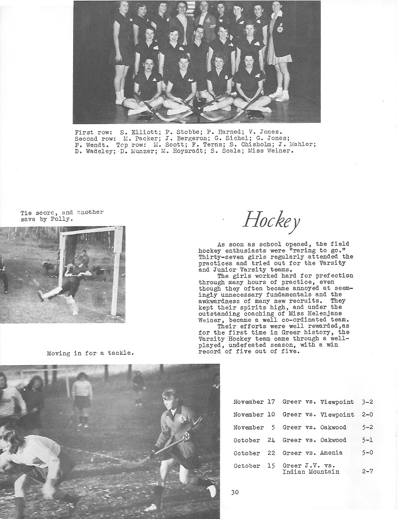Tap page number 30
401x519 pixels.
coord(235,493)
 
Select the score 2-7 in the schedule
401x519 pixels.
coord(367,471)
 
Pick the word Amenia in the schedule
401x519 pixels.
coord(332,452)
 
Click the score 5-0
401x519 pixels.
coord(367,452)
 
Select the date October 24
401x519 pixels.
coord(254,440)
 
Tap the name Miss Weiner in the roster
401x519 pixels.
coord(276,151)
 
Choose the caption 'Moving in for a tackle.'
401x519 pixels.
coord(90,352)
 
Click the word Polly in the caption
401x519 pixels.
coord(63,219)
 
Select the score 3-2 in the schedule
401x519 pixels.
coord(367,402)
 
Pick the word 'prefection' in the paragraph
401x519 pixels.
coord(334,276)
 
